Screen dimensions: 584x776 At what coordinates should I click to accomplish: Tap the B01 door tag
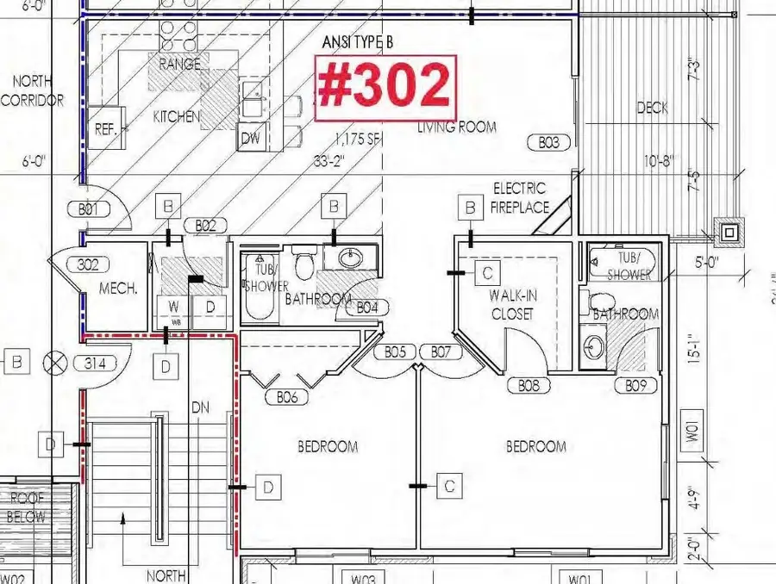coord(87,208)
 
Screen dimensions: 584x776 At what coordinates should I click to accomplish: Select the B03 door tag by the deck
coord(549,143)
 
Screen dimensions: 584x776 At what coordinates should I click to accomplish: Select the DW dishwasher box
coord(250,138)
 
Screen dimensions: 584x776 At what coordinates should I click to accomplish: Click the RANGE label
coord(180,65)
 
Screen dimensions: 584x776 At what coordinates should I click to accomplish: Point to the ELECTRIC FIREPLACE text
coord(519,197)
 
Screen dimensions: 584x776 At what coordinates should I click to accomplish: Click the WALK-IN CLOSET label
coord(513,304)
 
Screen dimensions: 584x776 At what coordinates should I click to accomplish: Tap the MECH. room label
coord(119,289)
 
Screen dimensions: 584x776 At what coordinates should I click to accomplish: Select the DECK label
coord(653,109)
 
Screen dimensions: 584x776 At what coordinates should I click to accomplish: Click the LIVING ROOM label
coord(457,127)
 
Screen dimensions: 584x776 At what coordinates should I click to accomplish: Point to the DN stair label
coord(199,407)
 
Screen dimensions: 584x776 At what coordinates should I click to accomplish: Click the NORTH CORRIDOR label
coord(33,90)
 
